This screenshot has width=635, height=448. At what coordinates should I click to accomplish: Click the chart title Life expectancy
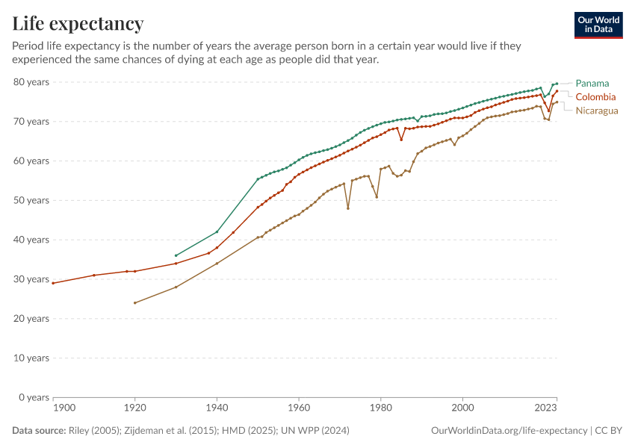[78, 24]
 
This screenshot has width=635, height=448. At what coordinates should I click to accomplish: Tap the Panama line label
[592, 83]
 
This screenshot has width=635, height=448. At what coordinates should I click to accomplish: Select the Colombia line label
[595, 97]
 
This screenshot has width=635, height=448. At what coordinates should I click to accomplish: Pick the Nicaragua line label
[597, 111]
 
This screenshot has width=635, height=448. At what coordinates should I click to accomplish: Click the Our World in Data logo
[598, 25]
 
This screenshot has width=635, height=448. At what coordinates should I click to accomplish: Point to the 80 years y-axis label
[31, 81]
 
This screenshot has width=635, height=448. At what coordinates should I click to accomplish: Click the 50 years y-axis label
[31, 200]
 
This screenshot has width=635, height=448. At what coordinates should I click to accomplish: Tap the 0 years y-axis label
[34, 397]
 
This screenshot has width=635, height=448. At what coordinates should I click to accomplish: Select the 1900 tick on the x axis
[64, 408]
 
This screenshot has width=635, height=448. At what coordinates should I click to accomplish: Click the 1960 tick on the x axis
[299, 408]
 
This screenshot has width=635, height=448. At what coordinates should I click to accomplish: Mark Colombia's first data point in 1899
[53, 283]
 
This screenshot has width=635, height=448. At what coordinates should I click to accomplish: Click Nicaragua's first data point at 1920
[134, 302]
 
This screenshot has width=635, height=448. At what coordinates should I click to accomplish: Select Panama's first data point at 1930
[176, 255]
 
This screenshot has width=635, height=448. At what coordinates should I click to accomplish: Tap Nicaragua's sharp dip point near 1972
[348, 208]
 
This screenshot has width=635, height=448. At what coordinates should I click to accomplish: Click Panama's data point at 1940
[217, 231]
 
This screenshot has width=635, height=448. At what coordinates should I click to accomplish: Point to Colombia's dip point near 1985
[401, 140]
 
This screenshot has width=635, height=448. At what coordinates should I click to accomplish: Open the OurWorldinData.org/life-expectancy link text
[509, 431]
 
